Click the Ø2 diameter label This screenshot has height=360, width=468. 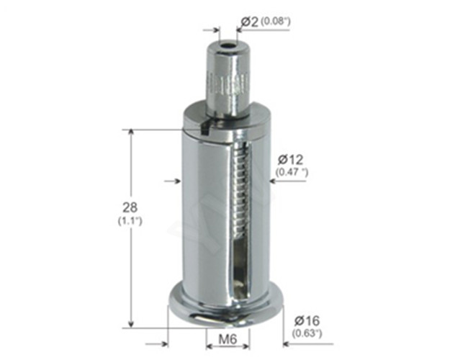pyautogui.click(x=250, y=22)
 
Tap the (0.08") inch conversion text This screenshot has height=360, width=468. pyautogui.click(x=276, y=21)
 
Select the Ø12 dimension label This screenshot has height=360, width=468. pyautogui.click(x=290, y=160)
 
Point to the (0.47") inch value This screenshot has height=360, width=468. pyautogui.click(x=292, y=172)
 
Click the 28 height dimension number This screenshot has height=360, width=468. pyautogui.click(x=130, y=207)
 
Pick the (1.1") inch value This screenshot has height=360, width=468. pyautogui.click(x=130, y=221)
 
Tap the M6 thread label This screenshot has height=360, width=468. pyautogui.click(x=228, y=339)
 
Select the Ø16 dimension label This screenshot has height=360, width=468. pyautogui.click(x=307, y=321)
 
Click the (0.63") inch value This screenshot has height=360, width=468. pyautogui.click(x=307, y=333)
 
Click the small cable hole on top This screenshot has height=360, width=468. pyautogui.click(x=228, y=46)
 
